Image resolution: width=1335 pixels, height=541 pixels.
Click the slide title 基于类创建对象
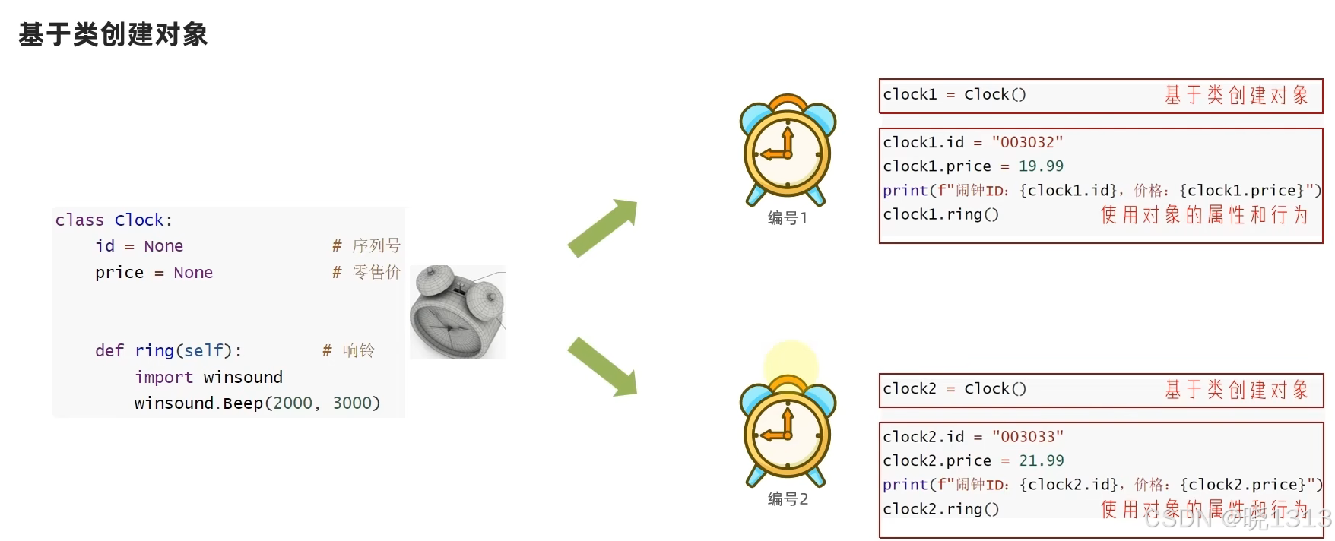[x=113, y=34]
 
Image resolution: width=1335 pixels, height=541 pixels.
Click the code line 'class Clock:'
[x=114, y=220]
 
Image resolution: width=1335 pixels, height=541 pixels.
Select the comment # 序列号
[x=366, y=246]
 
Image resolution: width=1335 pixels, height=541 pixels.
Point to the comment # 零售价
[x=366, y=273]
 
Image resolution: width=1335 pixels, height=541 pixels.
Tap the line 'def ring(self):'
[x=168, y=351]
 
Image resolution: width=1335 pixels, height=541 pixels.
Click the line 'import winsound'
[x=208, y=378]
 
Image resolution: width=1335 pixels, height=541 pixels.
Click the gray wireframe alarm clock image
[x=458, y=312]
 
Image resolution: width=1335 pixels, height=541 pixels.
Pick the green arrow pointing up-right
[x=603, y=227]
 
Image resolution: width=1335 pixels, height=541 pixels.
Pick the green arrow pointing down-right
[x=603, y=367]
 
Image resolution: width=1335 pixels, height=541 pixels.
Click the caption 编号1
[x=788, y=219]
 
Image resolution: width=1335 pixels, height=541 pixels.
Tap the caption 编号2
[x=788, y=499]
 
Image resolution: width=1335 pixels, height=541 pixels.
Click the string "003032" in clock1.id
[x=1027, y=143]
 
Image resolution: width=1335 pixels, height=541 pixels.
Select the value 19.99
[x=1041, y=166]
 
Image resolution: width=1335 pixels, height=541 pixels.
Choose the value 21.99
[x=1042, y=461]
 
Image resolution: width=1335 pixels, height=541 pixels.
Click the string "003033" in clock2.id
[x=1028, y=437]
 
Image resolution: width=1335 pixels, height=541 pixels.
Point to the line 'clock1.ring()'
[x=940, y=215]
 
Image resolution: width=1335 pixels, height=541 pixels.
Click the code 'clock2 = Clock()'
[x=954, y=389]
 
